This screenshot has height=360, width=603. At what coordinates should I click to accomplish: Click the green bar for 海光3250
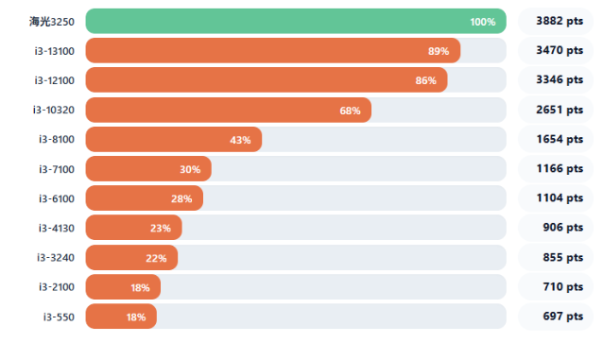tap(296, 21)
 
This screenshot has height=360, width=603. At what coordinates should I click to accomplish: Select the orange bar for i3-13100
tap(273, 50)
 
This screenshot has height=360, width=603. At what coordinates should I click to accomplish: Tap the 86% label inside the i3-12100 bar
tap(425, 80)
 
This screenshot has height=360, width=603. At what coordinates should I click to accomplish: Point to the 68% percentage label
tap(350, 111)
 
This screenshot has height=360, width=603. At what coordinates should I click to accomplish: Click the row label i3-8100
tap(57, 139)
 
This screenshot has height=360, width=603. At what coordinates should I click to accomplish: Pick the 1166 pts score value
tap(560, 168)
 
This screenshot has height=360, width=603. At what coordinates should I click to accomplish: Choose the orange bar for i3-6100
tap(145, 198)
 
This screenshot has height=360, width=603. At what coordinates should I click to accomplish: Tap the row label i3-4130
tap(56, 228)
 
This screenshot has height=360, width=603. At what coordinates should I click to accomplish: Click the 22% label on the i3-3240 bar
tap(156, 259)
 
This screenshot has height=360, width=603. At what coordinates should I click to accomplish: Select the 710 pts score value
tap(563, 286)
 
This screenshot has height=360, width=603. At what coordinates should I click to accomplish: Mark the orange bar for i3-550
tap(121, 317)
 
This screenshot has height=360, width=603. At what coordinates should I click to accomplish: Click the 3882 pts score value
tap(560, 21)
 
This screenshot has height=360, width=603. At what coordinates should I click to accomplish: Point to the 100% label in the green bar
tap(483, 22)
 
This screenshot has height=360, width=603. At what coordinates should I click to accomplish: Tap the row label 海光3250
tap(52, 22)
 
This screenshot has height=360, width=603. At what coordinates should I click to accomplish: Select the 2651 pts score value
tap(560, 110)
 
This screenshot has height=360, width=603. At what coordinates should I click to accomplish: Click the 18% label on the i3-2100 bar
tap(140, 287)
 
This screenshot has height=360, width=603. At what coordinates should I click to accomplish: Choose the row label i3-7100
tap(57, 169)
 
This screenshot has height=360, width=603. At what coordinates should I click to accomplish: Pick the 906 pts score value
tap(563, 228)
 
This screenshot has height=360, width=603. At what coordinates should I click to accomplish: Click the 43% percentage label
tap(240, 140)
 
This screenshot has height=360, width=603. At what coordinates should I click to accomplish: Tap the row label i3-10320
tap(54, 110)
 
